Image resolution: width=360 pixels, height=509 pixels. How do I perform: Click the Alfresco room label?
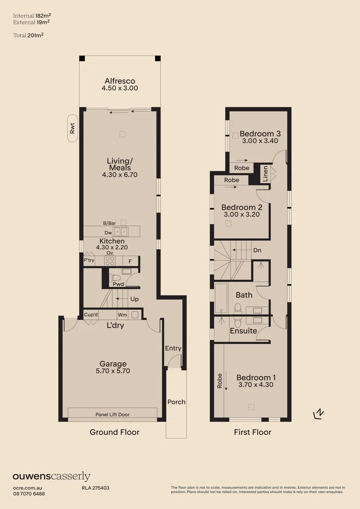click(x=120, y=81)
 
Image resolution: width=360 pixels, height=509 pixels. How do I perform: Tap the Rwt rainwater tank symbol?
click(x=72, y=129)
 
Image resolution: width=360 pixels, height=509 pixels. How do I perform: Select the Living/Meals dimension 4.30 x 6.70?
click(x=119, y=175)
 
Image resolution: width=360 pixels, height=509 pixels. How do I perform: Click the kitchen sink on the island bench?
click(x=120, y=231)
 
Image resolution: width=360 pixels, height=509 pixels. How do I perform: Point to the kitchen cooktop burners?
click(x=109, y=261)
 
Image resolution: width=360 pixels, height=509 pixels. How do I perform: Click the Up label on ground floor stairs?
click(x=134, y=299)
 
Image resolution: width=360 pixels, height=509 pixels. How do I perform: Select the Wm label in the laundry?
click(x=122, y=315)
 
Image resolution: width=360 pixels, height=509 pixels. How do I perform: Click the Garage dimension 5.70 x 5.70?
click(x=113, y=371)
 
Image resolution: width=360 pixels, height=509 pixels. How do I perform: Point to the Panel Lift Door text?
click(x=113, y=415)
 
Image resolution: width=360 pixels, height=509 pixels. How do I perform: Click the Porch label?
click(x=176, y=402)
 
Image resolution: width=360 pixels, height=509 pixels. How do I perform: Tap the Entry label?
click(x=173, y=348)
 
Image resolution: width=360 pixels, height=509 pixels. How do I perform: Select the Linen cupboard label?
click(x=265, y=174)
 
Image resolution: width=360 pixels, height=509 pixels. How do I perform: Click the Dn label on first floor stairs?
click(x=257, y=250)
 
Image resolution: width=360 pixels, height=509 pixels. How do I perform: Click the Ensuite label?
click(x=243, y=331)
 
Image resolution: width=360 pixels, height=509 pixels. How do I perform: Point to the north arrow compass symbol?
click(x=319, y=414)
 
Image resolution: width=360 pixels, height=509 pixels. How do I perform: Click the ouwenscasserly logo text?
click(x=51, y=477)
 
